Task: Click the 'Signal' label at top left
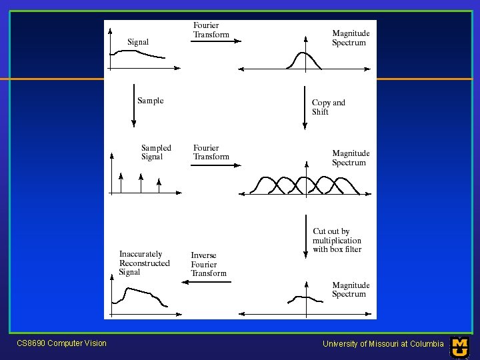pyautogui.click(x=138, y=42)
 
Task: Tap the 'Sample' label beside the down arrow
pyautogui.click(x=150, y=101)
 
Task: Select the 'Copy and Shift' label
pyautogui.click(x=328, y=107)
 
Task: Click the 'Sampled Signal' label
pyautogui.click(x=156, y=153)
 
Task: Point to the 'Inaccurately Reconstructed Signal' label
pyautogui.click(x=144, y=263)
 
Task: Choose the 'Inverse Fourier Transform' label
pyautogui.click(x=209, y=264)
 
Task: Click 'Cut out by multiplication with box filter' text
pyautogui.click(x=337, y=241)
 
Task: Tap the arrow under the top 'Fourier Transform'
pyautogui.click(x=216, y=41)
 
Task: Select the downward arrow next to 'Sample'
pyautogui.click(x=133, y=105)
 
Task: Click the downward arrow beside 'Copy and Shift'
pyautogui.click(x=305, y=105)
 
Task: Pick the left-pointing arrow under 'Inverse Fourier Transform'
pyautogui.click(x=207, y=282)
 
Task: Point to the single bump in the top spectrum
pyautogui.click(x=304, y=59)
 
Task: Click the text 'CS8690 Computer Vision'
pyautogui.click(x=61, y=343)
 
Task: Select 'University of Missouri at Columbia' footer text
pyautogui.click(x=383, y=344)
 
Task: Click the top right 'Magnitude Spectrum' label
pyautogui.click(x=350, y=38)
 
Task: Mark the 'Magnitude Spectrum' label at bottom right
pyautogui.click(x=350, y=289)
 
